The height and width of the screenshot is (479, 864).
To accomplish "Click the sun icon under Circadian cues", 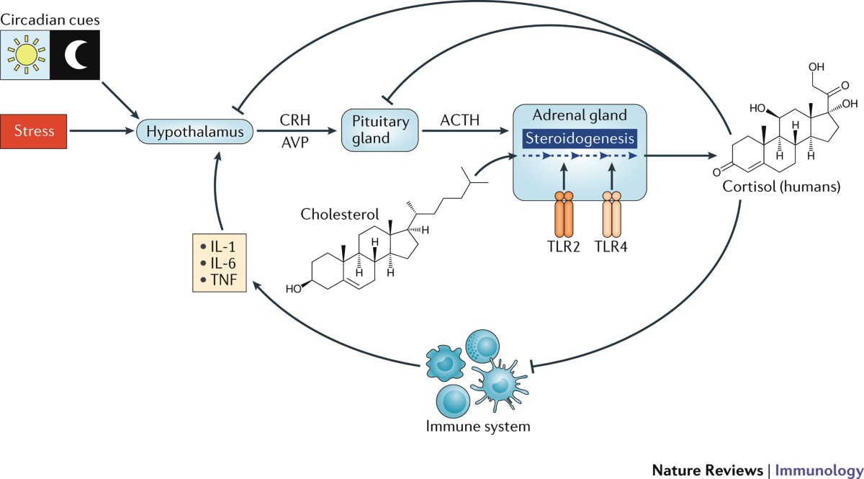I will pyautogui.click(x=25, y=55).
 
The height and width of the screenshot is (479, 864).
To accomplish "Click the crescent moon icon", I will pyautogui.click(x=74, y=55).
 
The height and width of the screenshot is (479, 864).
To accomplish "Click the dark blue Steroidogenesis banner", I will pyautogui.click(x=580, y=138).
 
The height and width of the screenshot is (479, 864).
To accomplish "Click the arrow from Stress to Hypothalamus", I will pyautogui.click(x=108, y=132).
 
